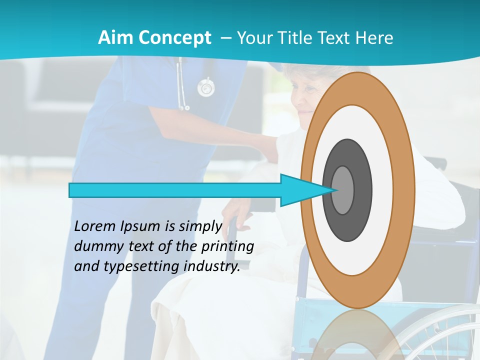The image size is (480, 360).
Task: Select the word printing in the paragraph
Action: pyautogui.click(x=228, y=247)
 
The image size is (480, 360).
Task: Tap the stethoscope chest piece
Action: pyautogui.click(x=206, y=88)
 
